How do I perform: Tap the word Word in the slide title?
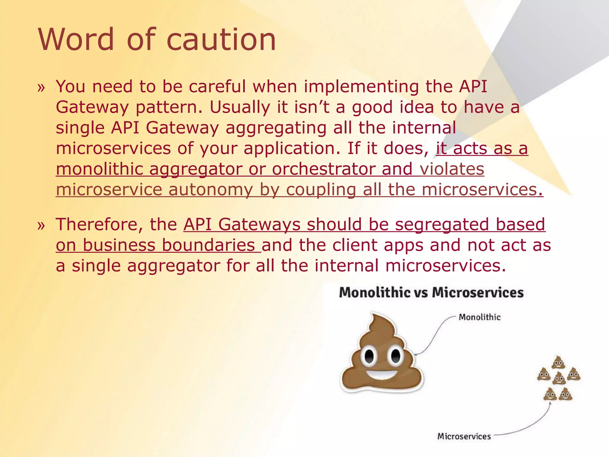tap(76, 40)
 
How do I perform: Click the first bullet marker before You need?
tap(41, 87)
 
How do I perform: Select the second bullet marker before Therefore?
tap(41, 226)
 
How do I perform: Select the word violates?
tap(452, 169)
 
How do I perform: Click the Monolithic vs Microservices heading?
tap(431, 292)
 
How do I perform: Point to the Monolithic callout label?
tap(479, 317)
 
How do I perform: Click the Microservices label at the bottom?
tap(464, 436)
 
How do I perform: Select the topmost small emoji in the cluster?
tap(558, 362)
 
